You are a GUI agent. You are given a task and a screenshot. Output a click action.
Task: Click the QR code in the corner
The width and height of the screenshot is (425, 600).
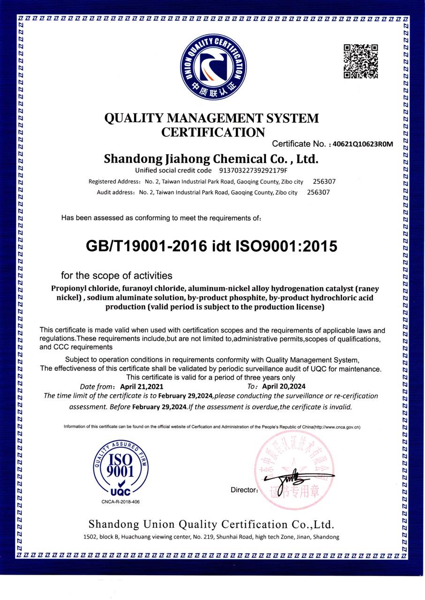[x=361, y=61]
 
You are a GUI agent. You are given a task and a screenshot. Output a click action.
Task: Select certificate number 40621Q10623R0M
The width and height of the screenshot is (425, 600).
[x=362, y=144]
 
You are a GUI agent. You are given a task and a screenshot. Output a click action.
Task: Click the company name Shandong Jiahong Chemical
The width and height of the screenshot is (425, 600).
[x=211, y=158]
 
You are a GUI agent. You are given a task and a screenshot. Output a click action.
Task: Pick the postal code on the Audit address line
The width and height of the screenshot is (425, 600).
[x=318, y=192]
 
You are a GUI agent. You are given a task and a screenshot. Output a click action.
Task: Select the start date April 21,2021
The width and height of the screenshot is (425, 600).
[x=142, y=387]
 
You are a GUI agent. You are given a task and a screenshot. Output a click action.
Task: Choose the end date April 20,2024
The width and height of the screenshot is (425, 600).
[x=283, y=387]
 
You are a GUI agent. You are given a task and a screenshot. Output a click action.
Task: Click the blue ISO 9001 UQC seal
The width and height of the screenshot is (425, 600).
[x=121, y=469]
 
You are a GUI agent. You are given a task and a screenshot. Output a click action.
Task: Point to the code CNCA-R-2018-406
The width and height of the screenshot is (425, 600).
[x=121, y=502]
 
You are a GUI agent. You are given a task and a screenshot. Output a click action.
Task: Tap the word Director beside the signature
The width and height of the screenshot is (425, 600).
[x=243, y=490]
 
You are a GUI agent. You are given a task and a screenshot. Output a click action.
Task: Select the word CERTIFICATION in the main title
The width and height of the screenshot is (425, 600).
[x=213, y=132]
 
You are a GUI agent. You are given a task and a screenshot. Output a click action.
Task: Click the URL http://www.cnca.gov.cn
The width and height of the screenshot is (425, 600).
[x=336, y=427]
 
